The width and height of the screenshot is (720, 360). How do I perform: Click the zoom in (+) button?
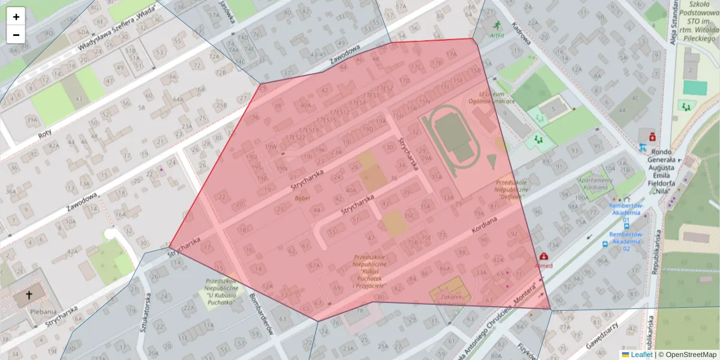pyautogui.click(x=16, y=17)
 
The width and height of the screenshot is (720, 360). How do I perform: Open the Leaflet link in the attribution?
pyautogui.click(x=641, y=355)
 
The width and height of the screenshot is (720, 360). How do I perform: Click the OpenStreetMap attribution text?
pyautogui.click(x=687, y=355)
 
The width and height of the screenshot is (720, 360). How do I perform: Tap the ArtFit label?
pyautogui.click(x=496, y=35)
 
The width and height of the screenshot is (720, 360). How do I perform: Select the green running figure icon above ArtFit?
pyautogui.click(x=496, y=25)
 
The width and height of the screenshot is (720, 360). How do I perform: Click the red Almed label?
pyautogui.click(x=544, y=265)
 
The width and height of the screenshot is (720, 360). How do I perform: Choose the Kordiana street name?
pyautogui.click(x=484, y=228)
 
